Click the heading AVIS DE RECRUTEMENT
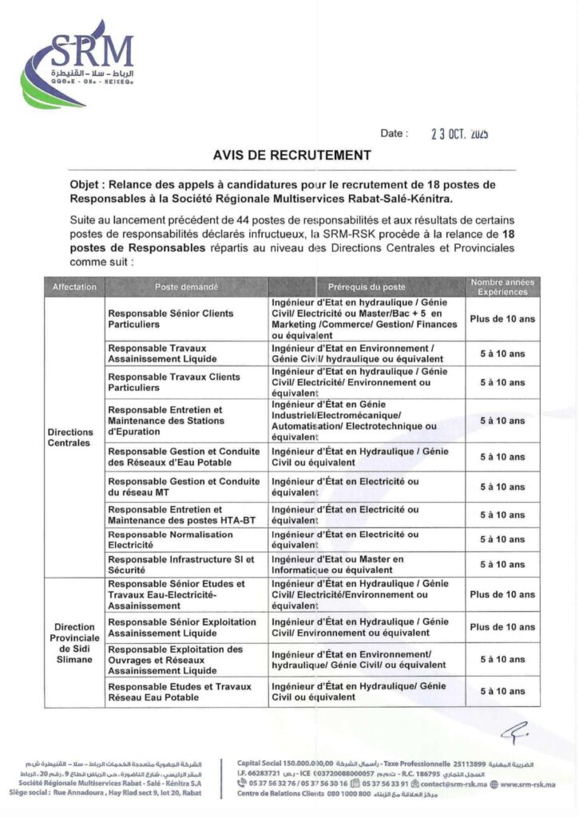(x=292, y=155)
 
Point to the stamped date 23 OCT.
(x=460, y=135)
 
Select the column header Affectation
(x=74, y=287)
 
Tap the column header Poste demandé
(x=186, y=287)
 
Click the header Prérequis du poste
(x=367, y=287)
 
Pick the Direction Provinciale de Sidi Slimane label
(x=74, y=643)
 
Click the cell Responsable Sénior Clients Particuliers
(x=171, y=319)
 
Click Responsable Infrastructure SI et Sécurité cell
(x=180, y=565)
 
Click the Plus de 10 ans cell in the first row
(x=502, y=319)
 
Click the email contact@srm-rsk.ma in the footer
(x=452, y=783)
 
